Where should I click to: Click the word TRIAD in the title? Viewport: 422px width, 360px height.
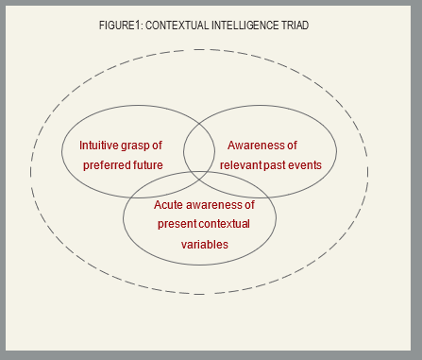pyautogui.click(x=295, y=26)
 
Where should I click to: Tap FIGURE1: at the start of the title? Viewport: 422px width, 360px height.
pyautogui.click(x=119, y=26)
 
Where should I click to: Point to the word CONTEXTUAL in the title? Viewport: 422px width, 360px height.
pyautogui.click(x=178, y=26)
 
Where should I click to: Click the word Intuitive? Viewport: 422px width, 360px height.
pyautogui.click(x=100, y=146)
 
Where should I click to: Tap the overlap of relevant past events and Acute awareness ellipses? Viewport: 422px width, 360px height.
pyautogui.click(x=241, y=190)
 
